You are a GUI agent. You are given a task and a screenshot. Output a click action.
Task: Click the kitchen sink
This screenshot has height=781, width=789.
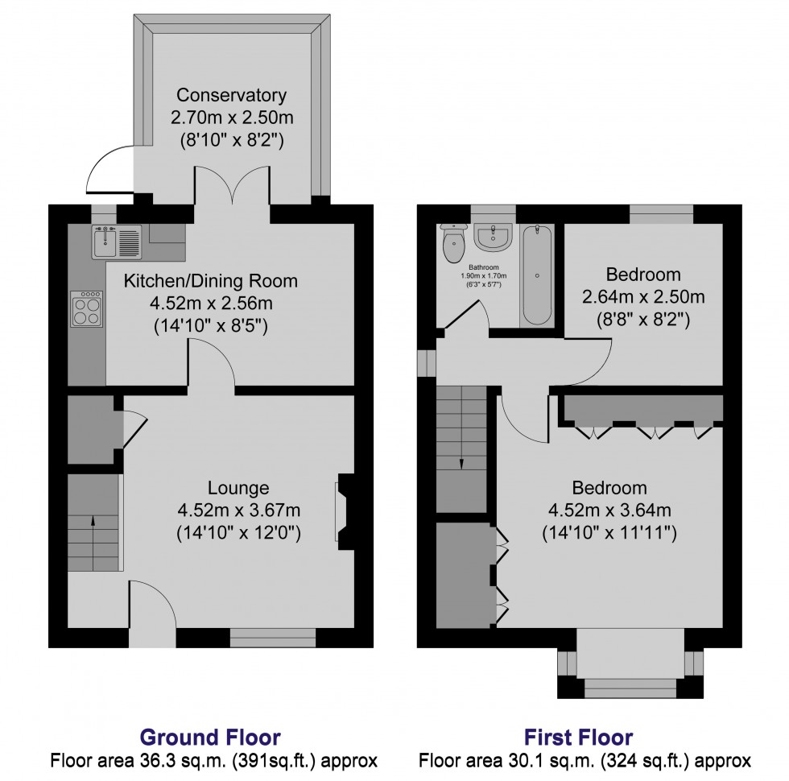point(117,242)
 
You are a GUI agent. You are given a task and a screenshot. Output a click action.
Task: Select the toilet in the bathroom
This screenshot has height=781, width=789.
point(455,238)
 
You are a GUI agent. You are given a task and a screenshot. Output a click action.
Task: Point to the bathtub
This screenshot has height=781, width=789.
point(537,275)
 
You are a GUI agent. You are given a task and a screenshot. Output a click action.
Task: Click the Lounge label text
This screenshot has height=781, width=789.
point(238,487)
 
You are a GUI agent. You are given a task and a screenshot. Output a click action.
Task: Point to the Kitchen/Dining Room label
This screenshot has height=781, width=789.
point(210,281)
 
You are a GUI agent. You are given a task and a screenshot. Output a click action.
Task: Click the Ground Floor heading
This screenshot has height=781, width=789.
point(210,737)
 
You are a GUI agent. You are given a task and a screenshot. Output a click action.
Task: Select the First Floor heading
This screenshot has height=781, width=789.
point(578,737)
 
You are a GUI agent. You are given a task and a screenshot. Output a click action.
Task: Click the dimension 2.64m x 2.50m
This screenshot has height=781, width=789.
point(643,296)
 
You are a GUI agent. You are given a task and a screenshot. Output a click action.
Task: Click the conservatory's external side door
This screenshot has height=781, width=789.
point(109,171)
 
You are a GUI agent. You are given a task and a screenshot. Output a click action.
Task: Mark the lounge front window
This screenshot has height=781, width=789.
point(273,638)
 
